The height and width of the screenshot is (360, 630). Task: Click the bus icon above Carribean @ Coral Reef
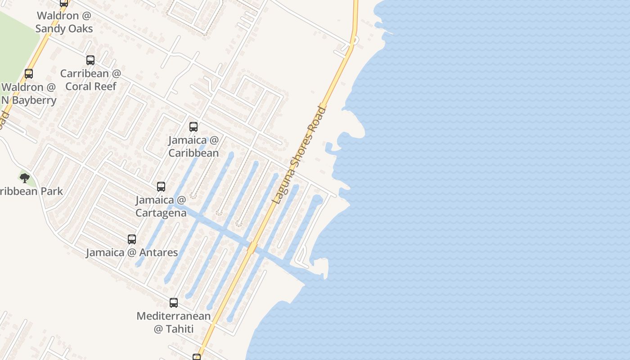(90, 60)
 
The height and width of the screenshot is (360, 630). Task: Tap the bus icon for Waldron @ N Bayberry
(29, 74)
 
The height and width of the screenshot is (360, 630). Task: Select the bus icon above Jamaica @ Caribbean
(193, 127)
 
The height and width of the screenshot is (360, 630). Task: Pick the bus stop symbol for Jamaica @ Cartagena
(161, 187)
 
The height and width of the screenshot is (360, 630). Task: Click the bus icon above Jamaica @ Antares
(132, 239)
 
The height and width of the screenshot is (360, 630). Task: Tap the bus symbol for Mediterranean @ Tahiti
(174, 303)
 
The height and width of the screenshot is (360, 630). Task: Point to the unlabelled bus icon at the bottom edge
(197, 357)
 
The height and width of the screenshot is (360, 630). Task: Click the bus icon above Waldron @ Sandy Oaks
(64, 3)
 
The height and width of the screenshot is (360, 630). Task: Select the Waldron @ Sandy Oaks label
(64, 22)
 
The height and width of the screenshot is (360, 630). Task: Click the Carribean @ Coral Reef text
(91, 80)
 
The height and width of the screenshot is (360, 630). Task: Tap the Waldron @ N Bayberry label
(29, 94)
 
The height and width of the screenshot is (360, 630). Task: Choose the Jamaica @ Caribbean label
(193, 146)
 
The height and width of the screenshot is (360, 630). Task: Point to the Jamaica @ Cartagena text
(161, 206)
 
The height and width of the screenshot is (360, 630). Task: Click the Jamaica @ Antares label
(132, 252)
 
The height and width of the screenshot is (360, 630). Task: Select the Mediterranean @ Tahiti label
(174, 322)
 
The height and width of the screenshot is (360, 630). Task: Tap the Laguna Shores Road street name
(299, 155)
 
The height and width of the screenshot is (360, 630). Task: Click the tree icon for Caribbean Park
(25, 178)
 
